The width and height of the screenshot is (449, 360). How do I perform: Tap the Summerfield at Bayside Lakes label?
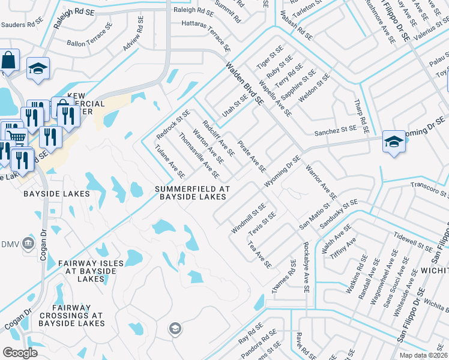[191, 193]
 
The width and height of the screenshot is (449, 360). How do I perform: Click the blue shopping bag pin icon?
[9, 61]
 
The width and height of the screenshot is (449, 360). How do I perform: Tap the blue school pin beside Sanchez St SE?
[394, 142]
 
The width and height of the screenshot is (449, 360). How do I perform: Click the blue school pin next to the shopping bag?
[37, 68]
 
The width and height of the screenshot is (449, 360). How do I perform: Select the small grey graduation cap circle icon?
[175, 328]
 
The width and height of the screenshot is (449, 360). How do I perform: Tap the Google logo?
[20, 352]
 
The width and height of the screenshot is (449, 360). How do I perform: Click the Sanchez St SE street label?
[335, 130]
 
